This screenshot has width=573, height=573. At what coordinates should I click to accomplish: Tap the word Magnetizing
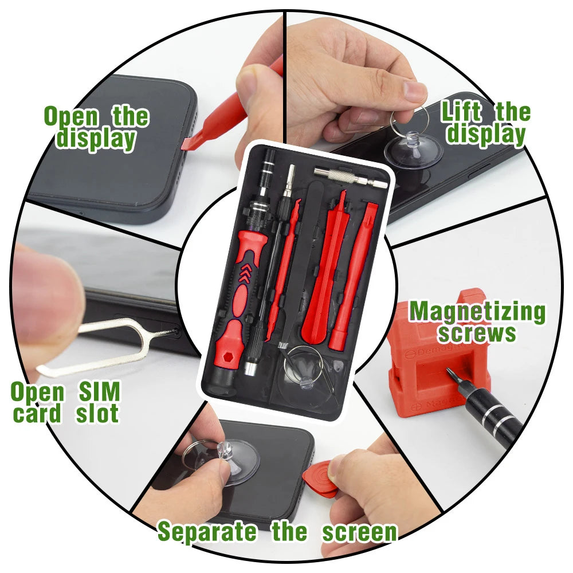(477, 312)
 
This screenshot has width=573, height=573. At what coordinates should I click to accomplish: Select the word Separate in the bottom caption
(207, 532)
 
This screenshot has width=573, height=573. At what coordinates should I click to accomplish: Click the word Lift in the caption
(462, 112)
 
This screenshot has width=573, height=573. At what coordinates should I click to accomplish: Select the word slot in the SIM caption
(97, 414)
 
